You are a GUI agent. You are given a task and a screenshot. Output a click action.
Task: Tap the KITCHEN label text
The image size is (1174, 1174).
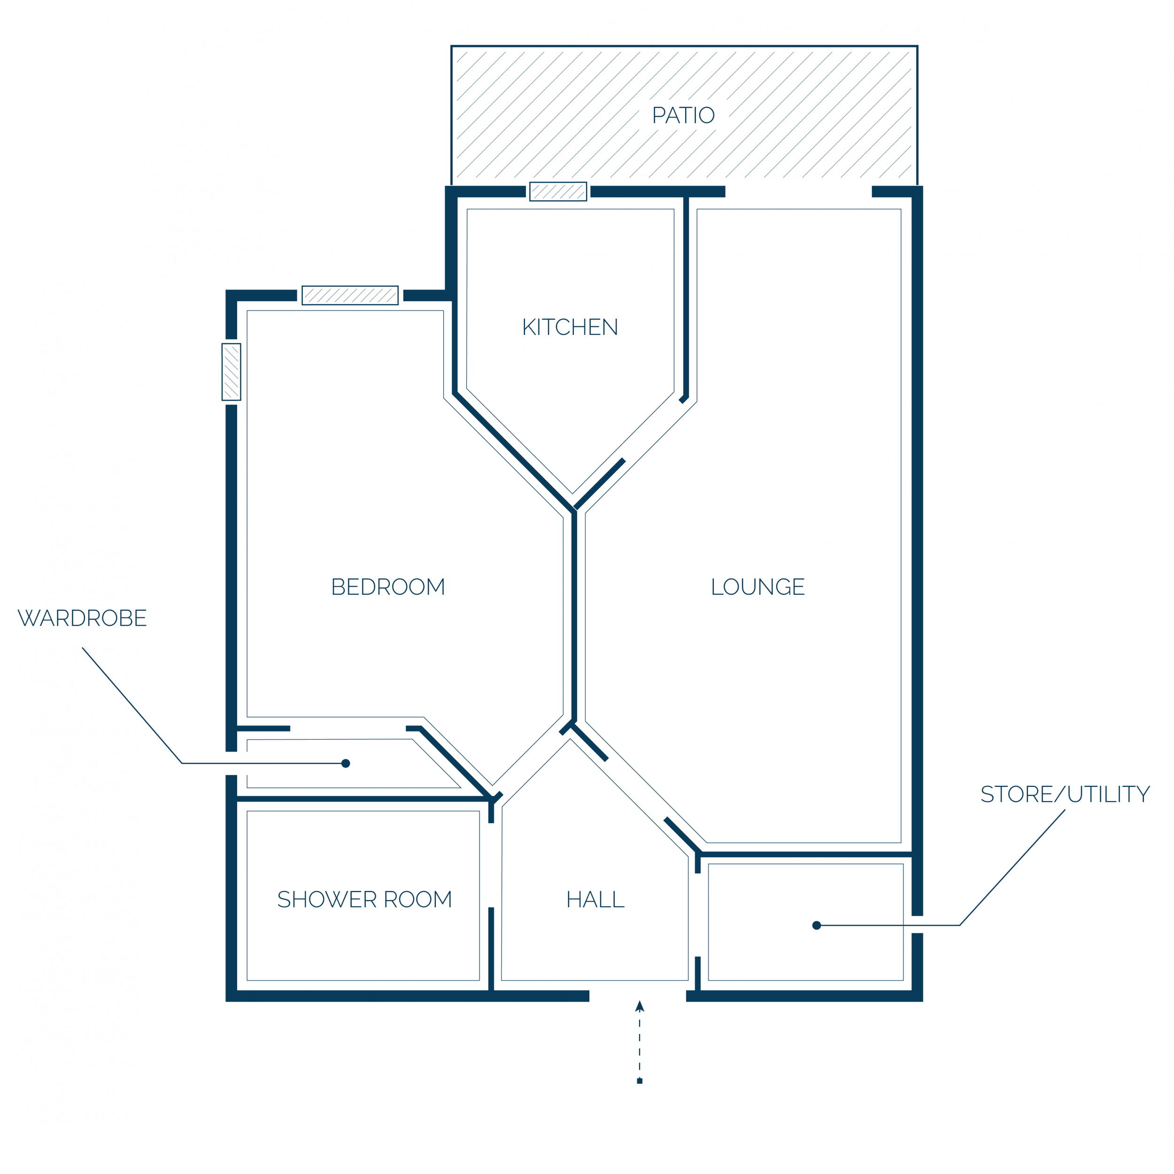[570, 327]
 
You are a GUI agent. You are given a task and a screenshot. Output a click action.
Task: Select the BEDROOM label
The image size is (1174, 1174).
[388, 587]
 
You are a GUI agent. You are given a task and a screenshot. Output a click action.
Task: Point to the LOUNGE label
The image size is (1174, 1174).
[758, 587]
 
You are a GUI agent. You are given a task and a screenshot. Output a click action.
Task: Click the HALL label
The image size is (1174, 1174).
[595, 899]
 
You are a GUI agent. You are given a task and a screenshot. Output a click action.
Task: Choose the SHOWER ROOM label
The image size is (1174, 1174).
[364, 899]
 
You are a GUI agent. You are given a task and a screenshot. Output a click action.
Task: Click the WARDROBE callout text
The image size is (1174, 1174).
[83, 618]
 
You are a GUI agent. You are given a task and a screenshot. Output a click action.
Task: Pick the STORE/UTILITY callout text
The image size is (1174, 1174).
[1065, 794]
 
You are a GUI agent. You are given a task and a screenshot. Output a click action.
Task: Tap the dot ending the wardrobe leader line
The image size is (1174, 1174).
[346, 763]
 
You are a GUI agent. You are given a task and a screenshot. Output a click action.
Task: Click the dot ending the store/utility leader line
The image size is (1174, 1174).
[817, 925]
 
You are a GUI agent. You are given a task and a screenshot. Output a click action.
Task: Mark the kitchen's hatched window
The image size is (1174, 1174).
[558, 192]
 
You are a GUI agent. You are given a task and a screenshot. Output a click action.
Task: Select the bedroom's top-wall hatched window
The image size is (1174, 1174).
[350, 295]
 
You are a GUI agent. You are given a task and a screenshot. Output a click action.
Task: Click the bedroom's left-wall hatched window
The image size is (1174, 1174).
[232, 372]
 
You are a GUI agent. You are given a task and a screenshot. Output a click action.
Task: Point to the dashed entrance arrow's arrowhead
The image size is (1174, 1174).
[639, 1006]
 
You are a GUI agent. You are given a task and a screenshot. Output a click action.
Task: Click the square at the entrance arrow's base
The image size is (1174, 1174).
[639, 1081]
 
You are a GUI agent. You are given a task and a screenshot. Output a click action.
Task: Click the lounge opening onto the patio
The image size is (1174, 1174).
[798, 192]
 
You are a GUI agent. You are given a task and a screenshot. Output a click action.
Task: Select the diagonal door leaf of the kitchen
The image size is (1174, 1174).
[600, 484]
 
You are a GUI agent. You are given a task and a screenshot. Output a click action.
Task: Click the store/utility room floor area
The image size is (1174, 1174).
[806, 922]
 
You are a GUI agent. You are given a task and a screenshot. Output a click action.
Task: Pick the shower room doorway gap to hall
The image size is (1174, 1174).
[491, 865]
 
